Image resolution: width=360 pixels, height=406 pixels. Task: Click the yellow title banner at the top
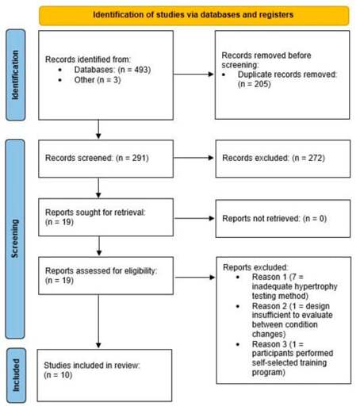click(194, 16)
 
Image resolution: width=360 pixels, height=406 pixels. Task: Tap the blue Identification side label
click(16, 75)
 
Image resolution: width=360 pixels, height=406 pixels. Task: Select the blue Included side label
click(17, 375)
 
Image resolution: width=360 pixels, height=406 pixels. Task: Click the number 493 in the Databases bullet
click(141, 70)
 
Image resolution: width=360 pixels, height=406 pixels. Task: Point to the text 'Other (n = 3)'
click(98, 80)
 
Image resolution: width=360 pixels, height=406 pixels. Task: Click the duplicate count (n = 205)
click(255, 84)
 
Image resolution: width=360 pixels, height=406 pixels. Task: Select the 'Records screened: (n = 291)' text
click(97, 158)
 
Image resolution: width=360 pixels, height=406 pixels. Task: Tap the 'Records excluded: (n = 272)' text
click(274, 158)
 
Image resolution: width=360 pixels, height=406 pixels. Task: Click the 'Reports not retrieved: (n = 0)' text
click(274, 219)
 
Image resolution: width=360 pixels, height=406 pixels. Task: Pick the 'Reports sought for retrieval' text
click(95, 213)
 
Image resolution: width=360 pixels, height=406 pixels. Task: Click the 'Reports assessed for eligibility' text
click(101, 271)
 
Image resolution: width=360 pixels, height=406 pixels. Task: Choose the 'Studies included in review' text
click(92, 366)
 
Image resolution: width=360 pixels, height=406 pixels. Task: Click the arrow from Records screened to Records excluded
click(193, 158)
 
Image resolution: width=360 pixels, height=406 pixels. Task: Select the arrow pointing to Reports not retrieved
click(194, 218)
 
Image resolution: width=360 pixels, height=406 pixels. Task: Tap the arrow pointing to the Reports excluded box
click(195, 278)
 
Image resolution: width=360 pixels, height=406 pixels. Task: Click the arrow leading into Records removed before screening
click(193, 75)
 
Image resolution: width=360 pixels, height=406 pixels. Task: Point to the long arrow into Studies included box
click(98, 321)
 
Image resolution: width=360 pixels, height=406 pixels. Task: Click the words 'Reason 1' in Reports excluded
click(270, 277)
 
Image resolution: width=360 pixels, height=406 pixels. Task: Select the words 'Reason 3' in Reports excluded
click(270, 344)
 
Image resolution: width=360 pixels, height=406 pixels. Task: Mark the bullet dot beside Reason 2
click(238, 307)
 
